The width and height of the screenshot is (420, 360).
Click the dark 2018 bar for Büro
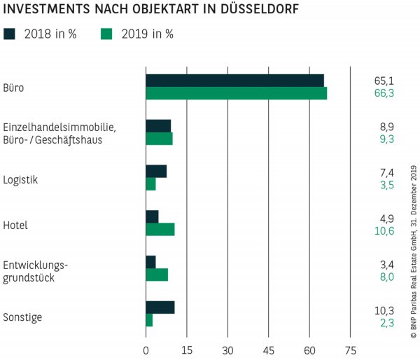click(x=234, y=80)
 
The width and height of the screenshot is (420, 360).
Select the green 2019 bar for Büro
click(x=236, y=93)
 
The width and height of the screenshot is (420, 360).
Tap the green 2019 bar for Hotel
click(x=160, y=229)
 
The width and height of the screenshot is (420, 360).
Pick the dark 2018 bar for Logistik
click(x=155, y=171)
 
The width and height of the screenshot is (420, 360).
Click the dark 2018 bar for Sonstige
click(x=160, y=307)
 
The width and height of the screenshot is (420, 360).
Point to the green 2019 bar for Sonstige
click(x=149, y=320)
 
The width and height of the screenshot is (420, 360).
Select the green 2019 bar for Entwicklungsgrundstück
click(x=156, y=275)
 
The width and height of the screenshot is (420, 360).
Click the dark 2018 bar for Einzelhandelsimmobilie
click(x=157, y=125)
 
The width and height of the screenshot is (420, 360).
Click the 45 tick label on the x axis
click(x=269, y=350)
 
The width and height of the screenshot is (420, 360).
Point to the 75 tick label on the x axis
click(x=351, y=350)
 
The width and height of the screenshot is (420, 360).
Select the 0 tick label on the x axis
click(x=146, y=350)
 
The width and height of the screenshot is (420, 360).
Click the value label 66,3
click(x=384, y=93)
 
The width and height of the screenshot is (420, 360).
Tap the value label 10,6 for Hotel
click(x=384, y=230)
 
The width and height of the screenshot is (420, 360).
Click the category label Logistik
click(x=20, y=179)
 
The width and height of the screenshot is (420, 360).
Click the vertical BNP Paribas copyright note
click(x=413, y=252)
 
